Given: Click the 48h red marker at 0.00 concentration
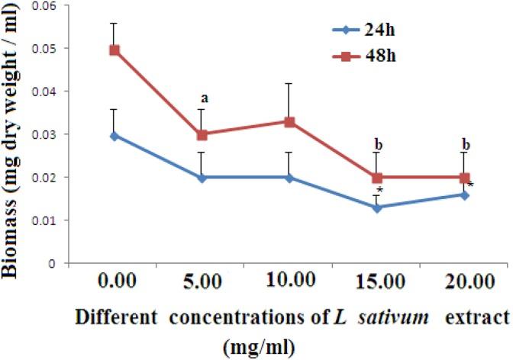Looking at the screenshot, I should tap(115, 50).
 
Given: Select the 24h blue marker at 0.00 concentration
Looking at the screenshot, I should tap(115, 136).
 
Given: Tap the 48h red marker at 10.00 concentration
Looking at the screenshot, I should tap(290, 122).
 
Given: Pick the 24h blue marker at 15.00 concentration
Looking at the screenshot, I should tap(378, 207).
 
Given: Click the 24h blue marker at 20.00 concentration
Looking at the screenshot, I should tap(465, 194).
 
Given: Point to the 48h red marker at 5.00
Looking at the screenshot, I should tap(202, 134).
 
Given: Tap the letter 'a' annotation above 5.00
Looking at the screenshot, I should tap(204, 98).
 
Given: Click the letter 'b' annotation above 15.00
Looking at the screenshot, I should tap(378, 143).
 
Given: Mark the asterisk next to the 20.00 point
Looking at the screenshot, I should tap(471, 185).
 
